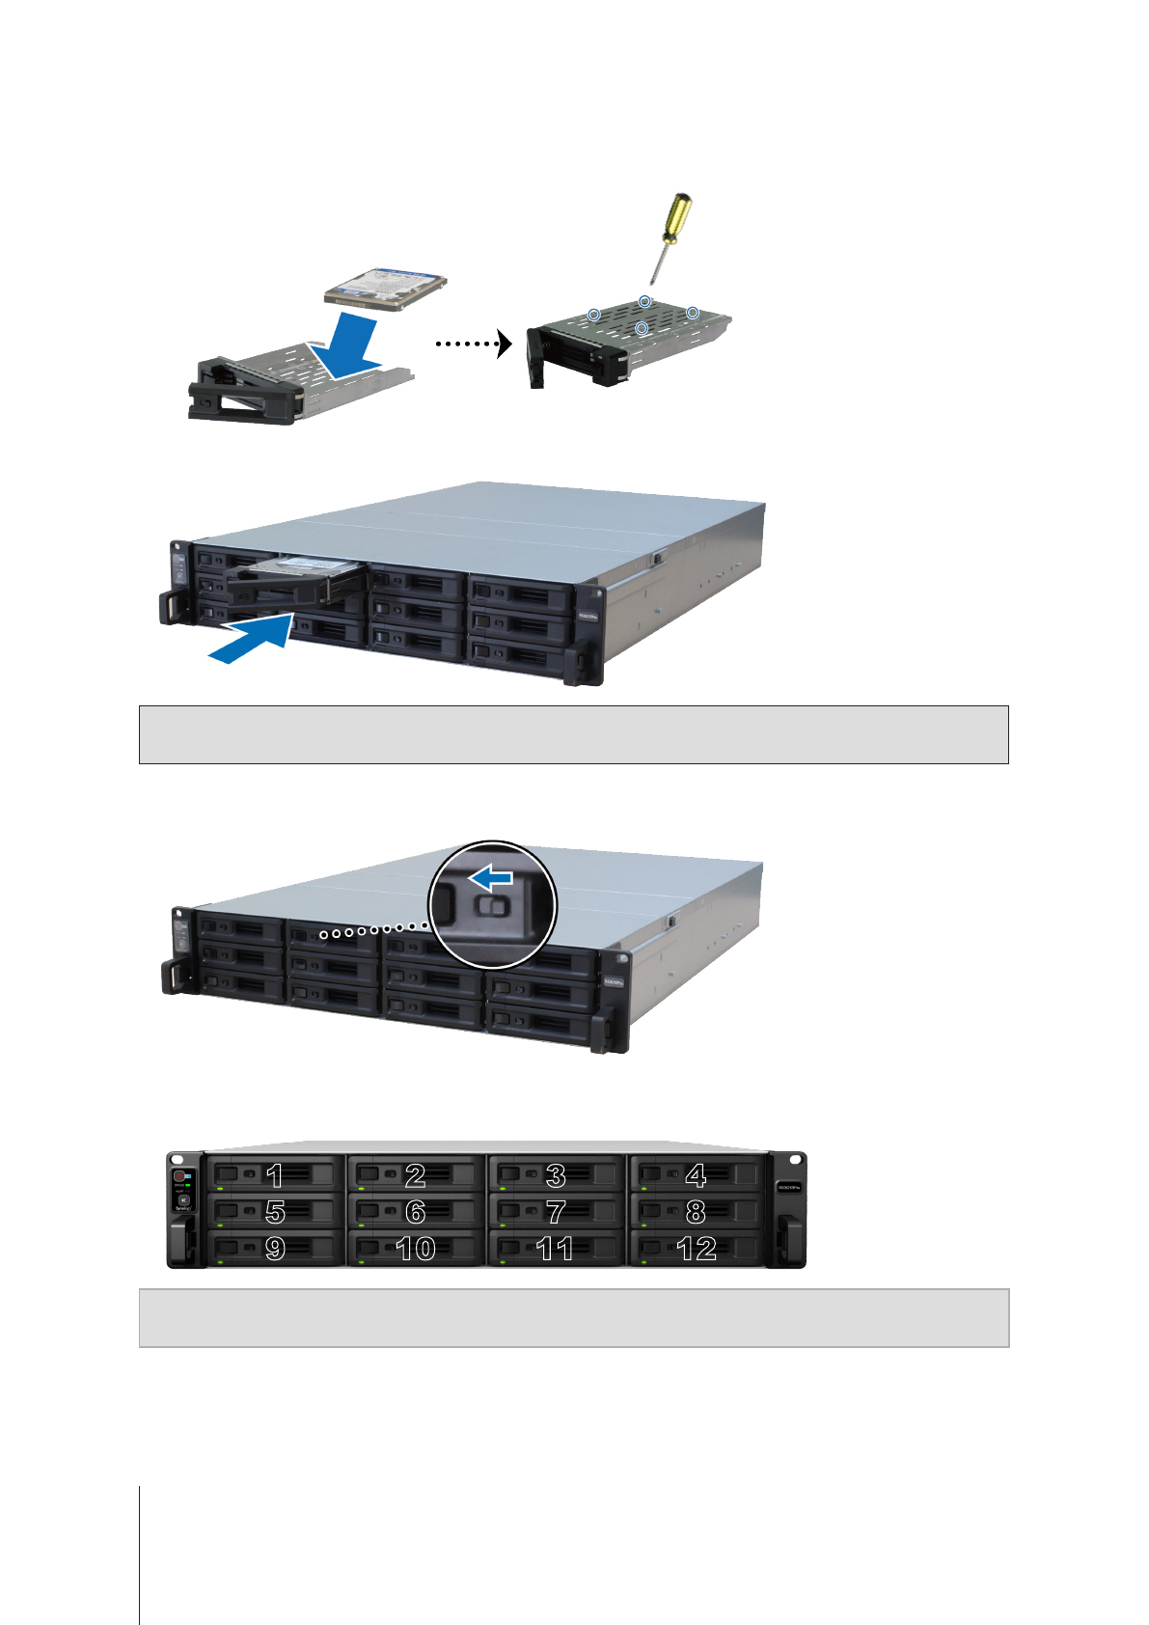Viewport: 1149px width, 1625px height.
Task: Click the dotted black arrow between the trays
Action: [x=473, y=343]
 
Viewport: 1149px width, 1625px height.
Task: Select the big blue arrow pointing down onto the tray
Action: [x=352, y=343]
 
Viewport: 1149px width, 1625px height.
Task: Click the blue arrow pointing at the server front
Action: [x=253, y=640]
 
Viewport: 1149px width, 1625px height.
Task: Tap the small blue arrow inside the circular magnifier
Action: [x=491, y=878]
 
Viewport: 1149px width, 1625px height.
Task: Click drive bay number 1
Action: [x=275, y=1174]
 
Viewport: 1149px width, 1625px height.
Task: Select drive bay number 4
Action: [x=696, y=1174]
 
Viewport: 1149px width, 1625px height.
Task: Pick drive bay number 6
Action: [x=416, y=1211]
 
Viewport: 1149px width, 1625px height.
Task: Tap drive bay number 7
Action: [x=556, y=1211]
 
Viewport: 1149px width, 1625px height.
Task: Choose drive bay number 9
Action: [x=275, y=1248]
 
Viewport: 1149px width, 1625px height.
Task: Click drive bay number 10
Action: [x=416, y=1248]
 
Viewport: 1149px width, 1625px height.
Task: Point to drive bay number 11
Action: [x=556, y=1248]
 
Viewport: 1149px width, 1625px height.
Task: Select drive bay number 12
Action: [x=696, y=1248]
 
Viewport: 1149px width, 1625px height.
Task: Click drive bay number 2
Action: [x=416, y=1174]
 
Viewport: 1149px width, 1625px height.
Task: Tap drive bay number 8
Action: [x=696, y=1211]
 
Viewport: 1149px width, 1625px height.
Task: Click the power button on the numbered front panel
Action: [x=178, y=1177]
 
